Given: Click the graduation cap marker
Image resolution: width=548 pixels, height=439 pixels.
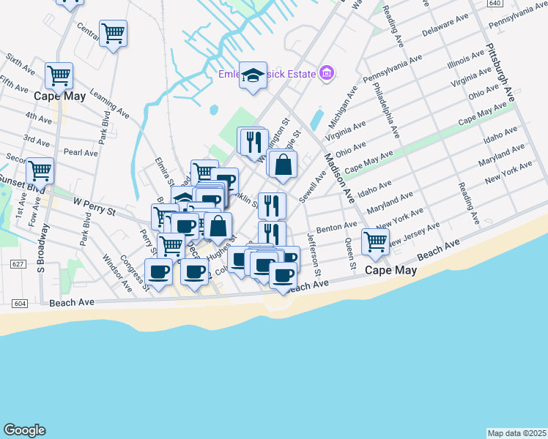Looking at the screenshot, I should (x=253, y=75).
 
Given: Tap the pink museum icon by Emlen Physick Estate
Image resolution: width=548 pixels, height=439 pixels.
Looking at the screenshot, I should (x=327, y=73).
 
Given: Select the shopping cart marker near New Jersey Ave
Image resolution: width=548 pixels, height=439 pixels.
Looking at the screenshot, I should (x=376, y=241).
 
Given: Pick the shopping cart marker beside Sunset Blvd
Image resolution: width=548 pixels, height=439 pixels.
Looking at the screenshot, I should (x=40, y=171).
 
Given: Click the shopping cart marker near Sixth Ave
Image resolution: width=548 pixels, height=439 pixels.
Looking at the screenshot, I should (x=59, y=75).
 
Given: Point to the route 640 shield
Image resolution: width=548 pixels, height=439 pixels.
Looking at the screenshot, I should (x=496, y=3).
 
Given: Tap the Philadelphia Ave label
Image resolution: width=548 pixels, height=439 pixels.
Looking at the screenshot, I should (x=385, y=110).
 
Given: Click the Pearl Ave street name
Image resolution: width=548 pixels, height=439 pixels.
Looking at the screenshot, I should (x=81, y=153).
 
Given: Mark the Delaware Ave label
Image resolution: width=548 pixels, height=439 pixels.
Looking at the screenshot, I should (x=445, y=26).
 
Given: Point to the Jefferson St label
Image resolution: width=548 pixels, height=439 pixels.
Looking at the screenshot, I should (x=314, y=254).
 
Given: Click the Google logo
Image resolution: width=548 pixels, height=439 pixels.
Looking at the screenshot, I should (x=24, y=430).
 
